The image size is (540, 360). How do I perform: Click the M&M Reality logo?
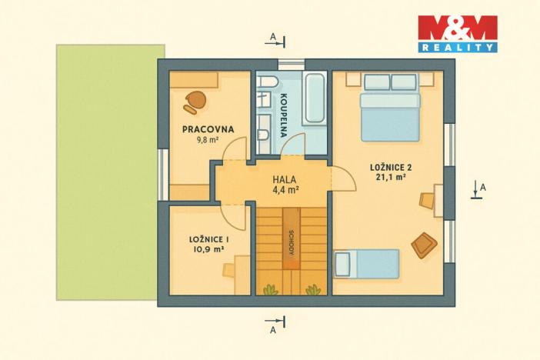(x=457, y=34)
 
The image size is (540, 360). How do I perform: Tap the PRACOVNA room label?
(x=208, y=129)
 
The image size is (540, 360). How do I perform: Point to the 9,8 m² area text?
(x=208, y=140)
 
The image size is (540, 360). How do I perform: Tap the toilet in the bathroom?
(x=262, y=135)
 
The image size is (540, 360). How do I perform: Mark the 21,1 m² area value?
(x=392, y=178)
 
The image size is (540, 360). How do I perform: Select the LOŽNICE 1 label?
(x=209, y=239)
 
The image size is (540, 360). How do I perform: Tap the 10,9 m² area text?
(x=208, y=250)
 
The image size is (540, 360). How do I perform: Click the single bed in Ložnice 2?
(x=368, y=263)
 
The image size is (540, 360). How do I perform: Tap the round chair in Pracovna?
(x=195, y=100)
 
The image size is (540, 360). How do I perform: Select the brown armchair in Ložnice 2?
(x=424, y=245)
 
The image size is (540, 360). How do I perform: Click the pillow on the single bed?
(x=343, y=263)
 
